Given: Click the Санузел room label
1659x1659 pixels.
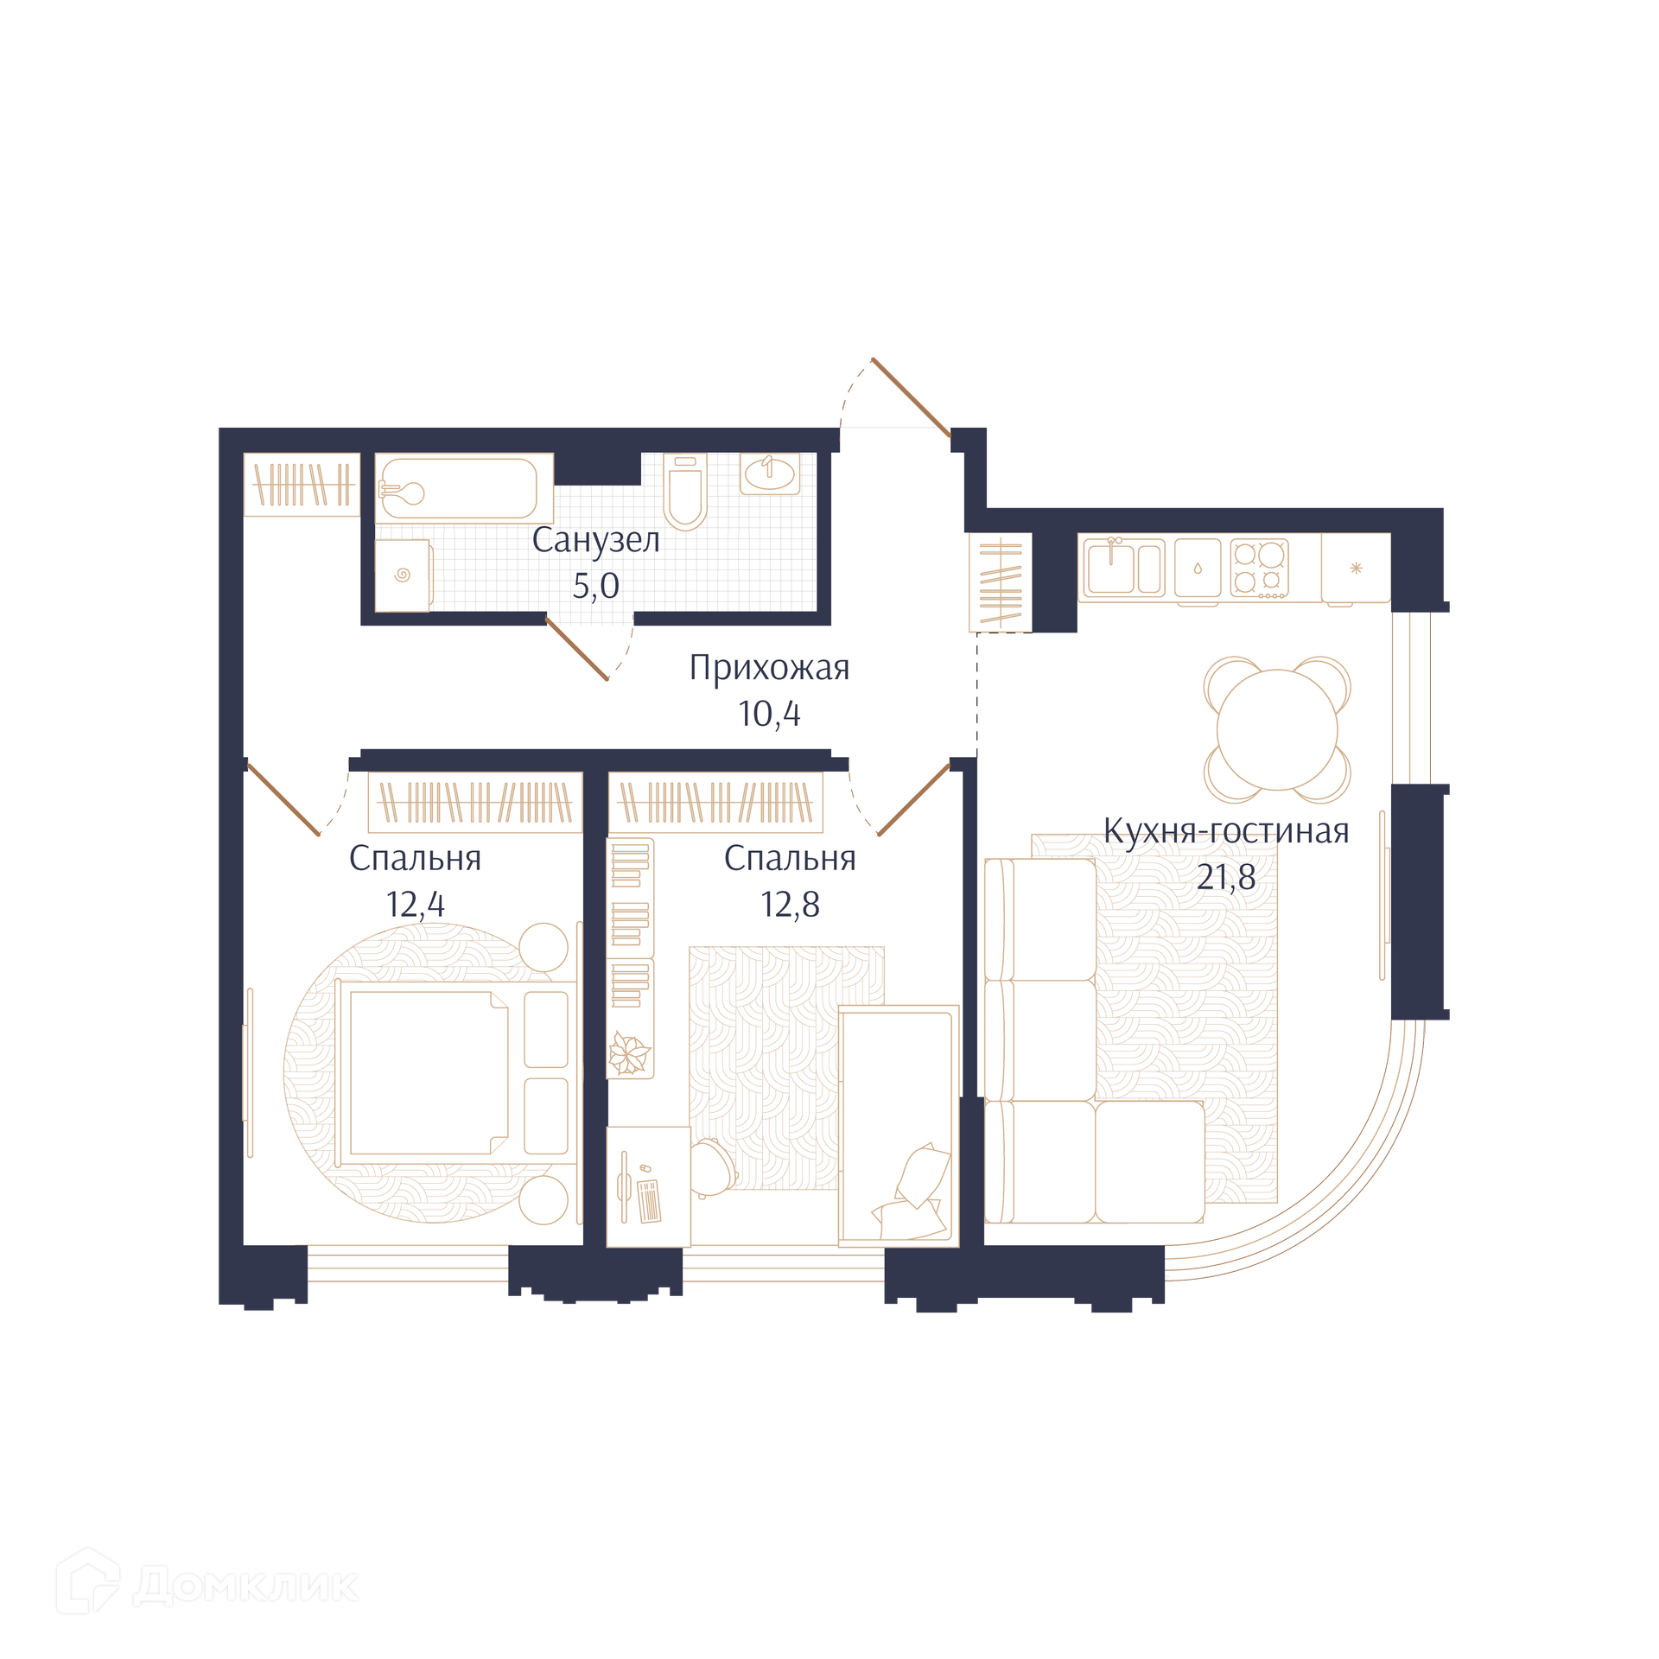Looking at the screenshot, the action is pyautogui.click(x=595, y=540).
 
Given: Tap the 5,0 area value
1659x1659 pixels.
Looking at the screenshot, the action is pyautogui.click(x=596, y=587).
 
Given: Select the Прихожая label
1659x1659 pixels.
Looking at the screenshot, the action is pyautogui.click(x=769, y=668).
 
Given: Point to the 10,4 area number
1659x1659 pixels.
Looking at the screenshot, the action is pyautogui.click(x=769, y=714).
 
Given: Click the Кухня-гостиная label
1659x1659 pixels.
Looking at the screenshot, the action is pyautogui.click(x=1226, y=831).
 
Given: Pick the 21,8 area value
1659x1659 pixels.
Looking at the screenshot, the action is pyautogui.click(x=1226, y=877).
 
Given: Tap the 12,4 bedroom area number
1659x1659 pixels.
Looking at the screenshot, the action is pyautogui.click(x=416, y=905).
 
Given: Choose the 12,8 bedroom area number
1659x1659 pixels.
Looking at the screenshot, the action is pyautogui.click(x=790, y=905).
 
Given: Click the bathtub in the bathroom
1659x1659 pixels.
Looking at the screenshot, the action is pyautogui.click(x=464, y=488).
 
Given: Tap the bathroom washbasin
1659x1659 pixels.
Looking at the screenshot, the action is pyautogui.click(x=770, y=474).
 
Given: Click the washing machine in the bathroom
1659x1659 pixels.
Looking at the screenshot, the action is pyautogui.click(x=404, y=575).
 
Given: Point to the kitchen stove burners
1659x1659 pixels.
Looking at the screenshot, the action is pyautogui.click(x=1259, y=568).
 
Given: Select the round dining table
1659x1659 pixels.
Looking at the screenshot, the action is pyautogui.click(x=1277, y=729).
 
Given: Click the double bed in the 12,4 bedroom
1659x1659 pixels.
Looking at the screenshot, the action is pyautogui.click(x=456, y=1072).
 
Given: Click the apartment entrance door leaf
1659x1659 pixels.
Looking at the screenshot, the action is pyautogui.click(x=912, y=397).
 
